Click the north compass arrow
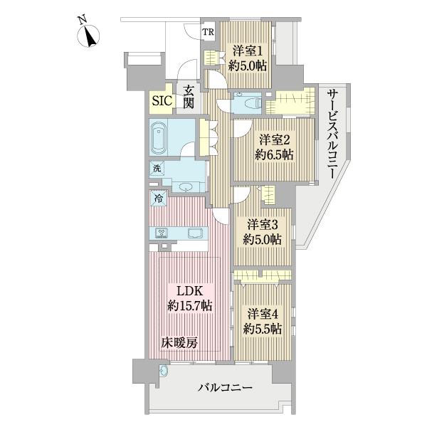[x=90, y=33]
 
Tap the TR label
[x=209, y=32]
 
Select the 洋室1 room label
[x=245, y=51]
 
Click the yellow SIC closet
[x=161, y=100]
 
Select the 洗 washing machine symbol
[x=155, y=169]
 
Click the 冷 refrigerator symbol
[x=157, y=199]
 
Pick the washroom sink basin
[x=186, y=186]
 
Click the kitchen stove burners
[x=162, y=233]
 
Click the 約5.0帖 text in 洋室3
[x=261, y=240]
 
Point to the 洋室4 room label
[x=264, y=312]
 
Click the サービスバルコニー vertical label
[x=332, y=135]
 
